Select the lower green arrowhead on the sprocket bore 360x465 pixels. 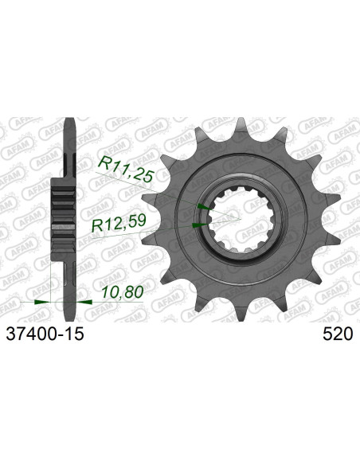(199, 225)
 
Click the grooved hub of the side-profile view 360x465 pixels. (62, 216)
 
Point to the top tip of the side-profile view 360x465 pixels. (69, 121)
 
